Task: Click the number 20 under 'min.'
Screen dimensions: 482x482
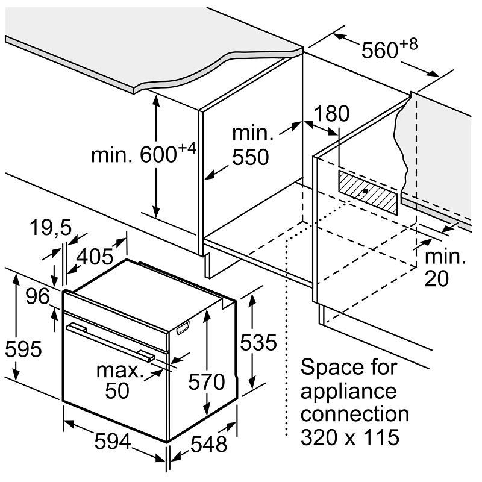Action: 436,280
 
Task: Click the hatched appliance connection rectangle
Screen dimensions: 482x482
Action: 367,191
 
